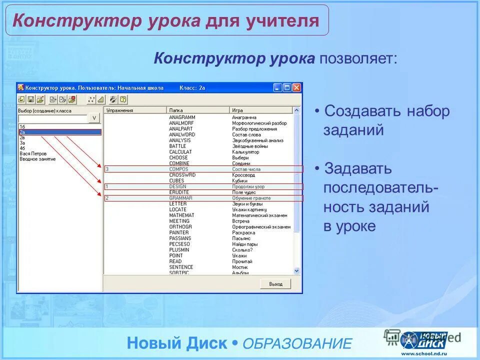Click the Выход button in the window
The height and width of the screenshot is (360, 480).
[275, 284]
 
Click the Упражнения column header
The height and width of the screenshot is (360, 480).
[120, 110]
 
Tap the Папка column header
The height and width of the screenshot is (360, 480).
[175, 110]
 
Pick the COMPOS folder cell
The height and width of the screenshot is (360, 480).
[178, 169]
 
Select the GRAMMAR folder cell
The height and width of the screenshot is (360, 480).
[180, 198]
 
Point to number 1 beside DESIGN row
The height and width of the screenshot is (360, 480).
[106, 186]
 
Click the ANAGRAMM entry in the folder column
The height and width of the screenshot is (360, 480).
[182, 117]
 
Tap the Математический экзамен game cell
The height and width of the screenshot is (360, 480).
[259, 215]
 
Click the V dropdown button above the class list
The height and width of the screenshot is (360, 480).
[94, 118]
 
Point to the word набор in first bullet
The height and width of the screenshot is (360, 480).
[427, 111]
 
